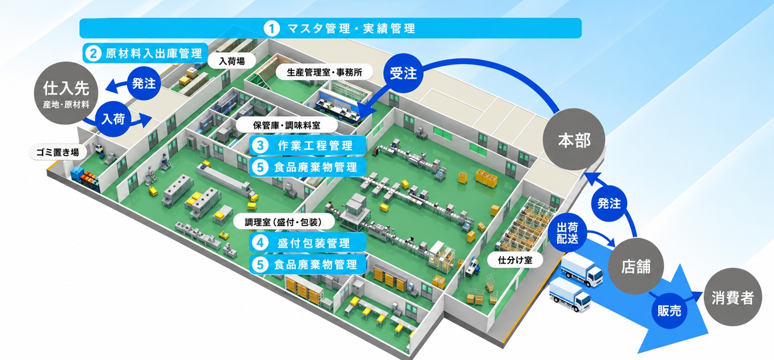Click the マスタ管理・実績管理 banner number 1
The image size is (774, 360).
(330, 28)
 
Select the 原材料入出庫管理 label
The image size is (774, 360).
(146, 53)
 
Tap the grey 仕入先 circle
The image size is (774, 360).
(66, 93)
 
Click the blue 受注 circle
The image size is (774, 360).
(403, 73)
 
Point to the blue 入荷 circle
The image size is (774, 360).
(113, 119)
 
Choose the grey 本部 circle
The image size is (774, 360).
(574, 139)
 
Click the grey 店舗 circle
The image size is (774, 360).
(636, 266)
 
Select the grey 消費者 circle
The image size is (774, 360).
(732, 297)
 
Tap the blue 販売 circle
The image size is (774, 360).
(670, 311)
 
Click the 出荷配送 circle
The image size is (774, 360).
(567, 233)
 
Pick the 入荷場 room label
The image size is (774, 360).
(232, 61)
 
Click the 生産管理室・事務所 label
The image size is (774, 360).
(325, 72)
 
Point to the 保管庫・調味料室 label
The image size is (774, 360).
(286, 125)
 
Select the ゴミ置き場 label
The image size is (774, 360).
(58, 152)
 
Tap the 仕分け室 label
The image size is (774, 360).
(515, 260)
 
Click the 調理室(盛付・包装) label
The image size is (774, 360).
(283, 222)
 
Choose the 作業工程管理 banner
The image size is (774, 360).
(308, 146)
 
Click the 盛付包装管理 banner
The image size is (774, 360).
(308, 243)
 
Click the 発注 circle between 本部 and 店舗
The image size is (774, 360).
(609, 203)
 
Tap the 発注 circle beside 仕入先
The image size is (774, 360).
(144, 83)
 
